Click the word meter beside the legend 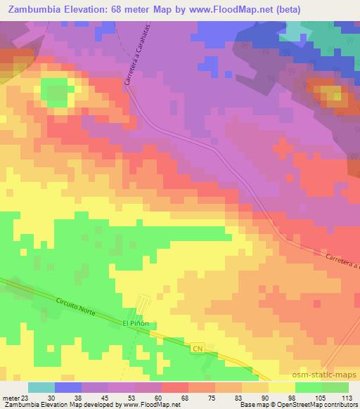click(8, 397)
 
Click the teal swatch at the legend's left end click(41, 387)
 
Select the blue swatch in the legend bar click(68, 387)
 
